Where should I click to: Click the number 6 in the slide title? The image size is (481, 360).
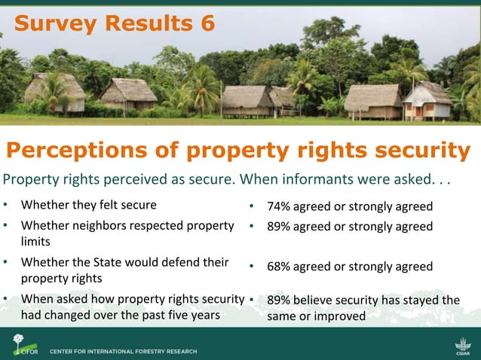point(204,23)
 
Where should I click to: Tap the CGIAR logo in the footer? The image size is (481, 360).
point(462,348)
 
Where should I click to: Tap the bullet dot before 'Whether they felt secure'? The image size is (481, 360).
point(6,205)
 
